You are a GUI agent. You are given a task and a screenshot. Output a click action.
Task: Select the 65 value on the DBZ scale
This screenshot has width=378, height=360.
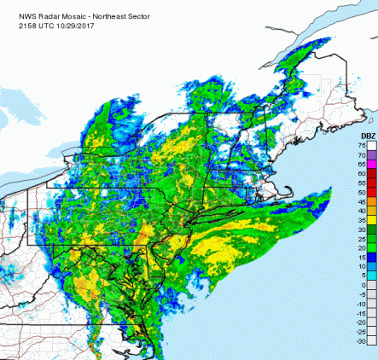click(362, 165)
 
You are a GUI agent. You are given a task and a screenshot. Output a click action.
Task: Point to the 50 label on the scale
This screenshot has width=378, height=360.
click(362, 193)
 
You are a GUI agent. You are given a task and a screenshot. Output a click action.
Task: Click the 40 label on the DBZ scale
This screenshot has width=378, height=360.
click(362, 211)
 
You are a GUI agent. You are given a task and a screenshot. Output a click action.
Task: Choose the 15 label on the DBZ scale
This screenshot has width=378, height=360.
click(362, 257)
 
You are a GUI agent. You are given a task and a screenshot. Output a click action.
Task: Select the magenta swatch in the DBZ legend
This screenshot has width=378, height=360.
click(372, 165)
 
